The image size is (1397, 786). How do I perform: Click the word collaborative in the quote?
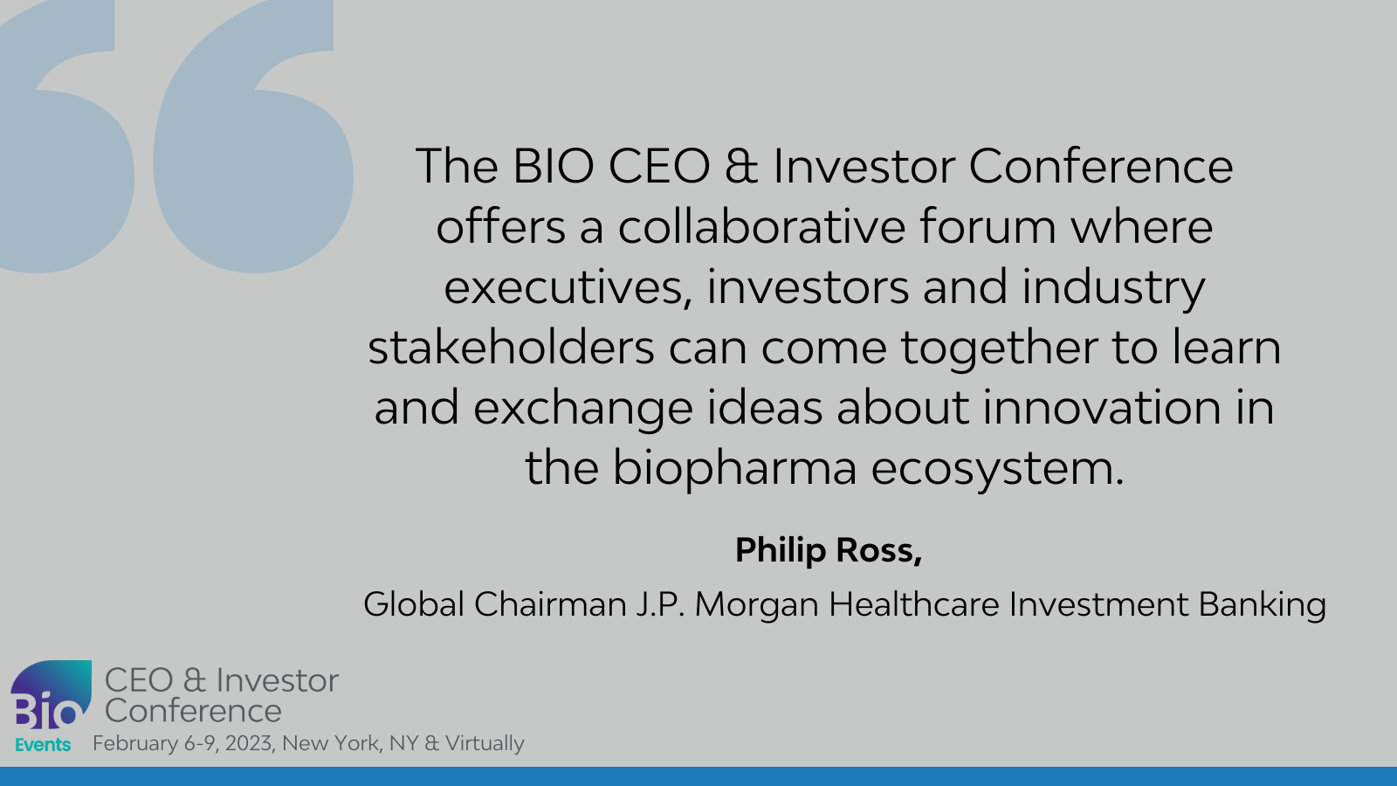click(x=761, y=226)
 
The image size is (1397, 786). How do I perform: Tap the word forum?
click(x=988, y=226)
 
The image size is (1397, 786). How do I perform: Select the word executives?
click(x=568, y=287)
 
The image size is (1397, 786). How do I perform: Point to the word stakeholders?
click(x=511, y=347)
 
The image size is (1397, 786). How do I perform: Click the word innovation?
click(x=1102, y=407)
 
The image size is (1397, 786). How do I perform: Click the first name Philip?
click(x=781, y=551)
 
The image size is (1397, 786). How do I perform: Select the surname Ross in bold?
click(x=878, y=551)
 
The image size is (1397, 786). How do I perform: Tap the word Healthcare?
click(x=913, y=604)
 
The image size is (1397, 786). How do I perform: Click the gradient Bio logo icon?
click(x=52, y=694)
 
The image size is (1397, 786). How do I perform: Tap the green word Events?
click(x=43, y=745)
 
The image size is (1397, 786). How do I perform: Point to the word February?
click(x=135, y=744)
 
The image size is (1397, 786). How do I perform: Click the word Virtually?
click(x=485, y=744)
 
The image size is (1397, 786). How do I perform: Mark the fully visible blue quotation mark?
click(x=253, y=136)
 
